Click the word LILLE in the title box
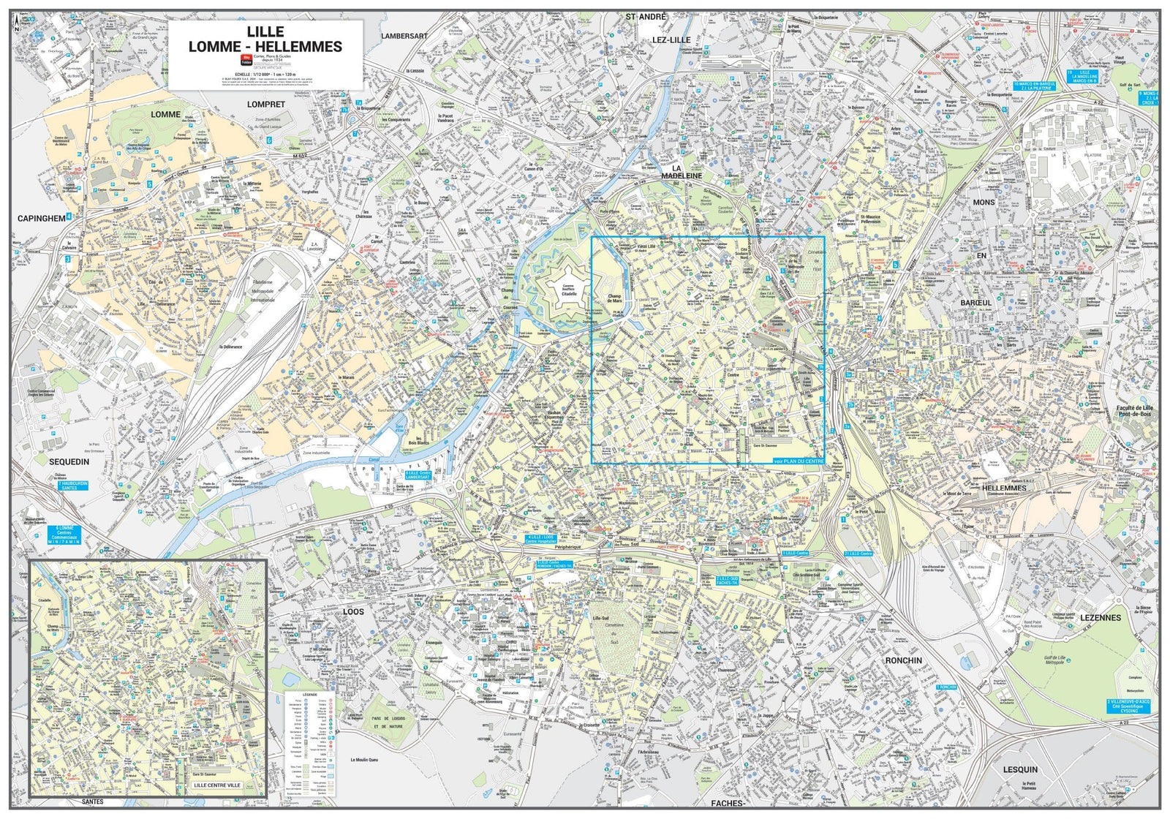(265, 31)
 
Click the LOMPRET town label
(265, 105)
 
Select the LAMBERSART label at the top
(404, 35)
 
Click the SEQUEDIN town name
(69, 461)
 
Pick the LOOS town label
(353, 611)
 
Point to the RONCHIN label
(903, 660)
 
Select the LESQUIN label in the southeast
(1019, 769)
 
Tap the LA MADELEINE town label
(682, 171)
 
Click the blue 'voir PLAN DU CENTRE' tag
(799, 461)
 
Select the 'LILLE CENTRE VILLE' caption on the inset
(216, 785)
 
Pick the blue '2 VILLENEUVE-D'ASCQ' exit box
(1132, 705)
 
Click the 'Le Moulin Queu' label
(363, 759)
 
